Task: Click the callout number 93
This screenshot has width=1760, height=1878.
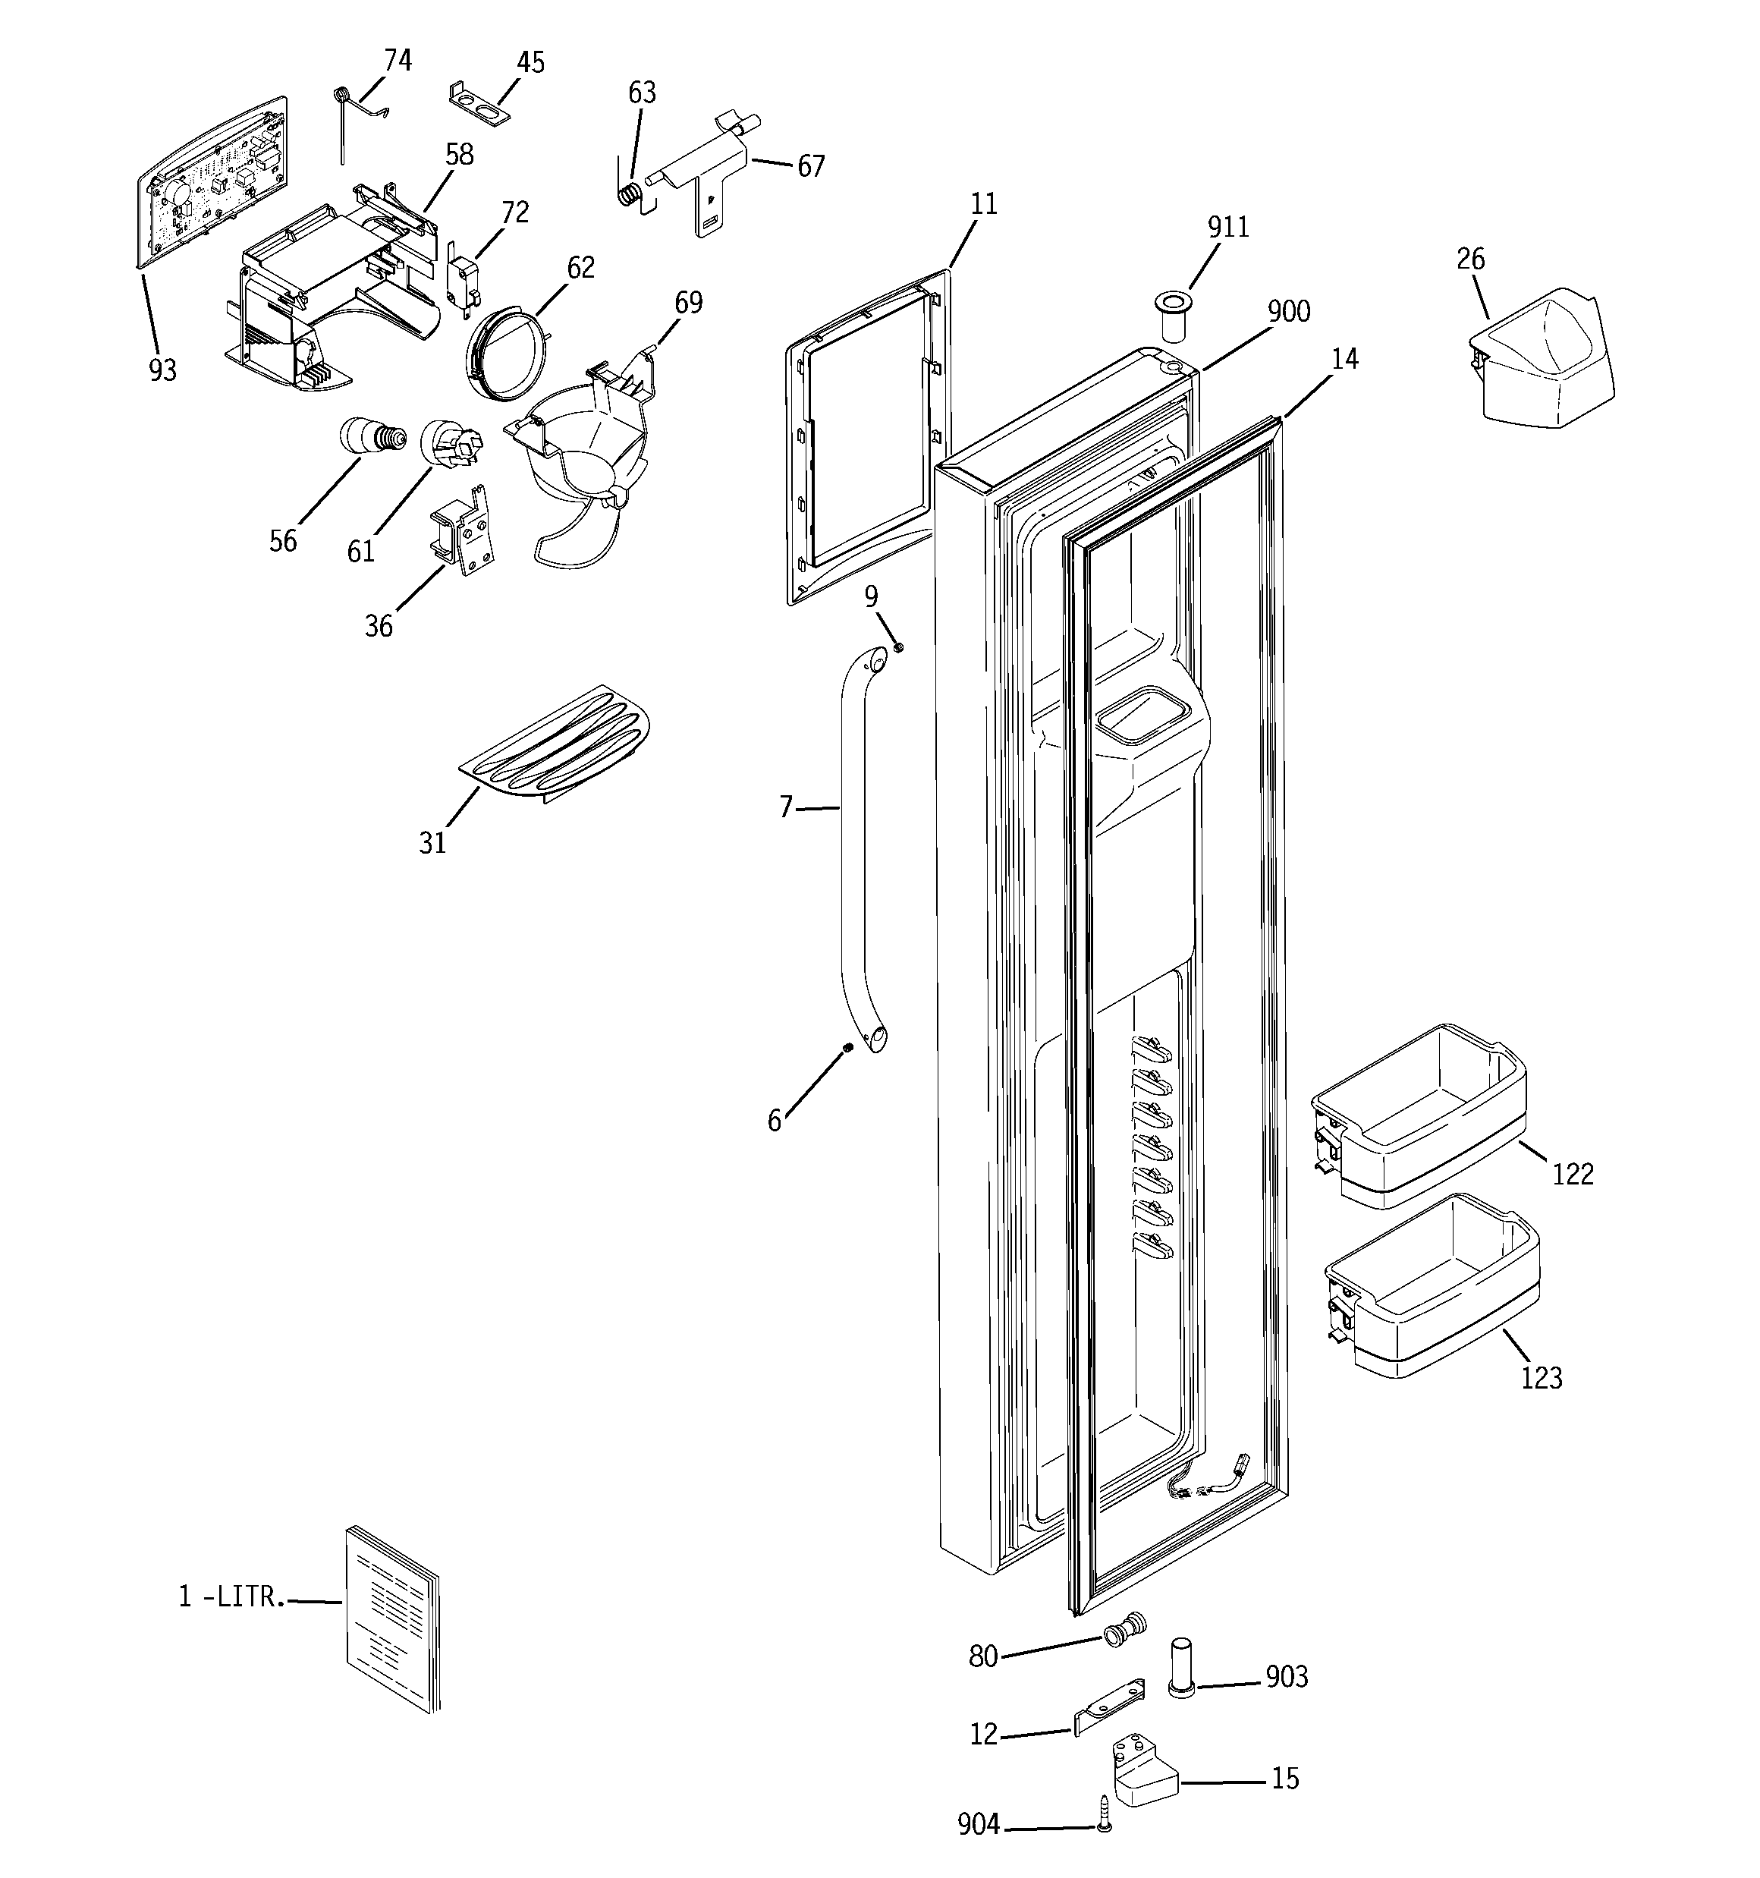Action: (x=162, y=371)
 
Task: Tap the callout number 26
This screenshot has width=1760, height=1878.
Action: (x=1471, y=259)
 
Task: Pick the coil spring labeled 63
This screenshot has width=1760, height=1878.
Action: (x=630, y=193)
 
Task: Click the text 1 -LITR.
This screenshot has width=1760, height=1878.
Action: (x=231, y=1596)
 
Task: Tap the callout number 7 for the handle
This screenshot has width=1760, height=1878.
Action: (x=785, y=807)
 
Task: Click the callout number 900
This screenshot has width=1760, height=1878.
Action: (x=1289, y=312)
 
